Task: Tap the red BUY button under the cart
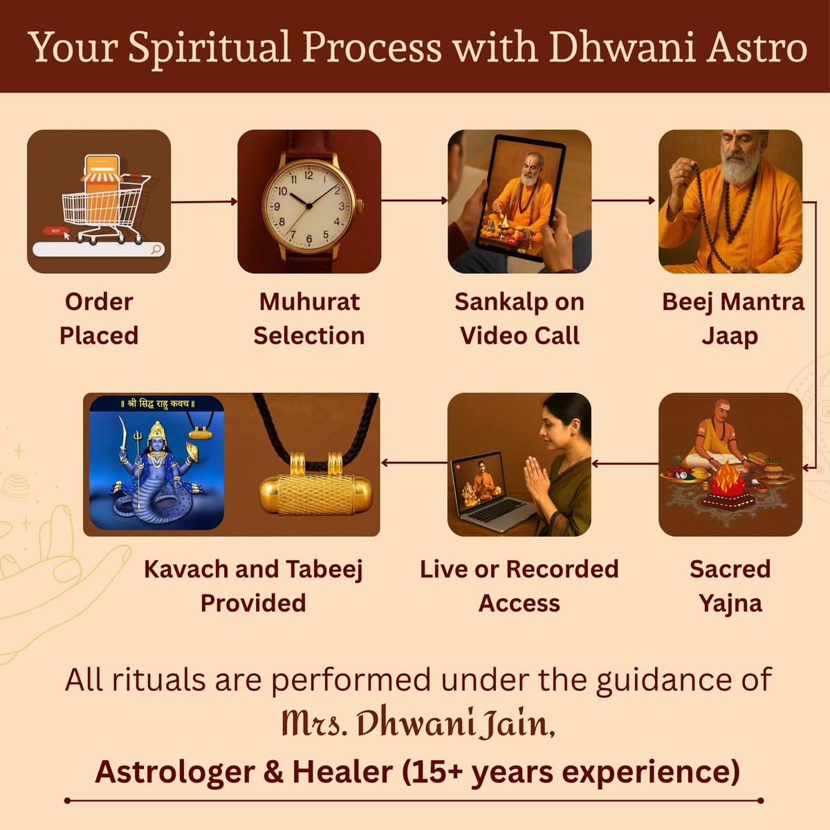tap(55, 231)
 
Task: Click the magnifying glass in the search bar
tap(156, 249)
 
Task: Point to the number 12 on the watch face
tap(308, 175)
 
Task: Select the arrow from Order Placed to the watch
tap(204, 201)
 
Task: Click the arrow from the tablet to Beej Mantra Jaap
tap(623, 201)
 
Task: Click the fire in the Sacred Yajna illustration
tap(728, 479)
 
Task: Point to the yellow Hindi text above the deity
tap(158, 403)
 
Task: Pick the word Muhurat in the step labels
tap(309, 302)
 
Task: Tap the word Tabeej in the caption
tap(324, 570)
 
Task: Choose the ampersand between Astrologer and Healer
tap(273, 772)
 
